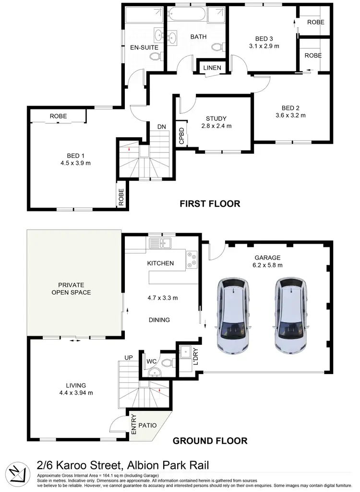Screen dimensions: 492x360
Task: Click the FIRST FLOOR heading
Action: [210, 204]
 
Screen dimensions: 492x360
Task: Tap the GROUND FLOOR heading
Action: [210, 441]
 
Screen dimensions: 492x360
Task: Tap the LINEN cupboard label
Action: [212, 68]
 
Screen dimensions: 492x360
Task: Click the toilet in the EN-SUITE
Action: [155, 57]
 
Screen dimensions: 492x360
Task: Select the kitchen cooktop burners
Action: [192, 259]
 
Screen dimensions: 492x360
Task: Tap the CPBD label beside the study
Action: [181, 136]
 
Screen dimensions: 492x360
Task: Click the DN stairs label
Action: [161, 127]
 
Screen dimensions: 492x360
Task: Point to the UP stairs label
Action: [128, 358]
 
